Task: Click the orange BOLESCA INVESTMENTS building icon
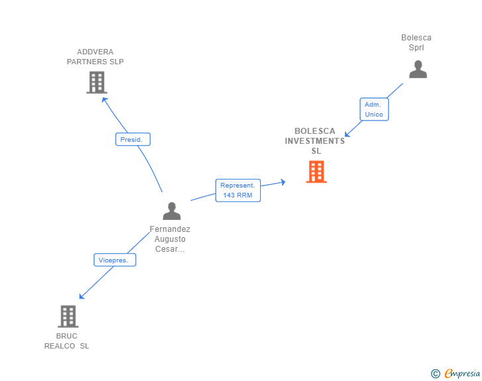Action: [x=316, y=172]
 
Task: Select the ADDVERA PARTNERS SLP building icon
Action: [x=97, y=82]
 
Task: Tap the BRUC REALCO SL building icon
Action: [x=68, y=316]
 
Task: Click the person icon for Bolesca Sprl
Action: [x=418, y=70]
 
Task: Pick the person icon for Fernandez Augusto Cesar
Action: [x=171, y=211]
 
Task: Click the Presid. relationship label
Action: [x=133, y=139]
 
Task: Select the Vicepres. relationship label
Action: [x=115, y=260]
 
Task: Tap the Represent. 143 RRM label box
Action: [x=238, y=191]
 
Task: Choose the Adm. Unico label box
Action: [x=374, y=109]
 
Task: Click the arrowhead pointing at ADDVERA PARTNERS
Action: [x=104, y=99]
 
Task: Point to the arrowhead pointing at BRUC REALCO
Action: [x=81, y=296]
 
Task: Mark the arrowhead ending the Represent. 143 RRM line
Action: [x=283, y=182]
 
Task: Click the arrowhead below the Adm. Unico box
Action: [x=347, y=135]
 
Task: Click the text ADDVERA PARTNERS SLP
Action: [x=95, y=56]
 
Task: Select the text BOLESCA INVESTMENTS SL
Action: [x=314, y=141]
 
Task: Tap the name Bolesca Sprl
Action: [x=416, y=42]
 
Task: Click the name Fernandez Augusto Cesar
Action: [x=170, y=239]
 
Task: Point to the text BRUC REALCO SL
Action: [x=67, y=341]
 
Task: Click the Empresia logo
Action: [x=462, y=373]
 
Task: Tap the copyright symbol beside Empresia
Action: [x=436, y=374]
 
